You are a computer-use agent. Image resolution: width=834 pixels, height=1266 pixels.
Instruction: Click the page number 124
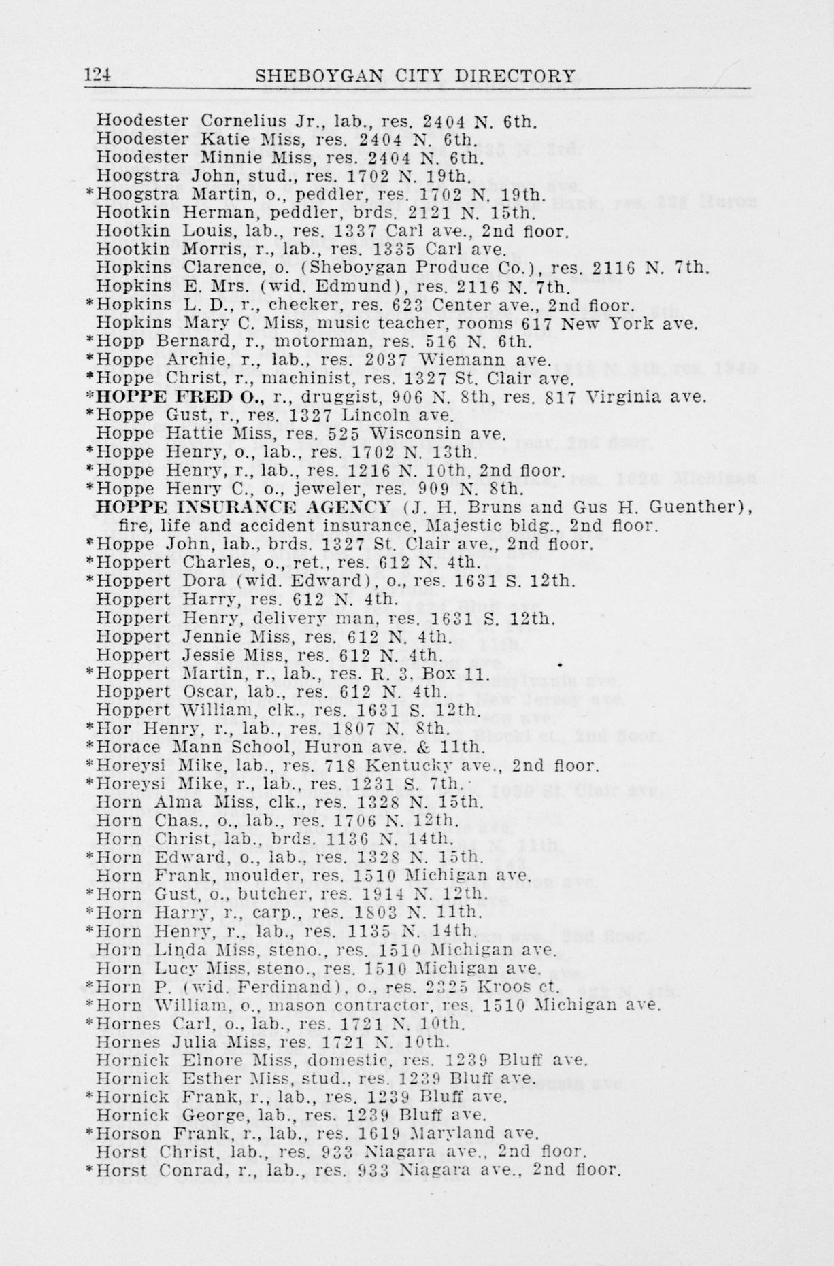click(x=98, y=75)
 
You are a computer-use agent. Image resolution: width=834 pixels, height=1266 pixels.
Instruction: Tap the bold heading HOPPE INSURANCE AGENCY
click(x=244, y=507)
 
